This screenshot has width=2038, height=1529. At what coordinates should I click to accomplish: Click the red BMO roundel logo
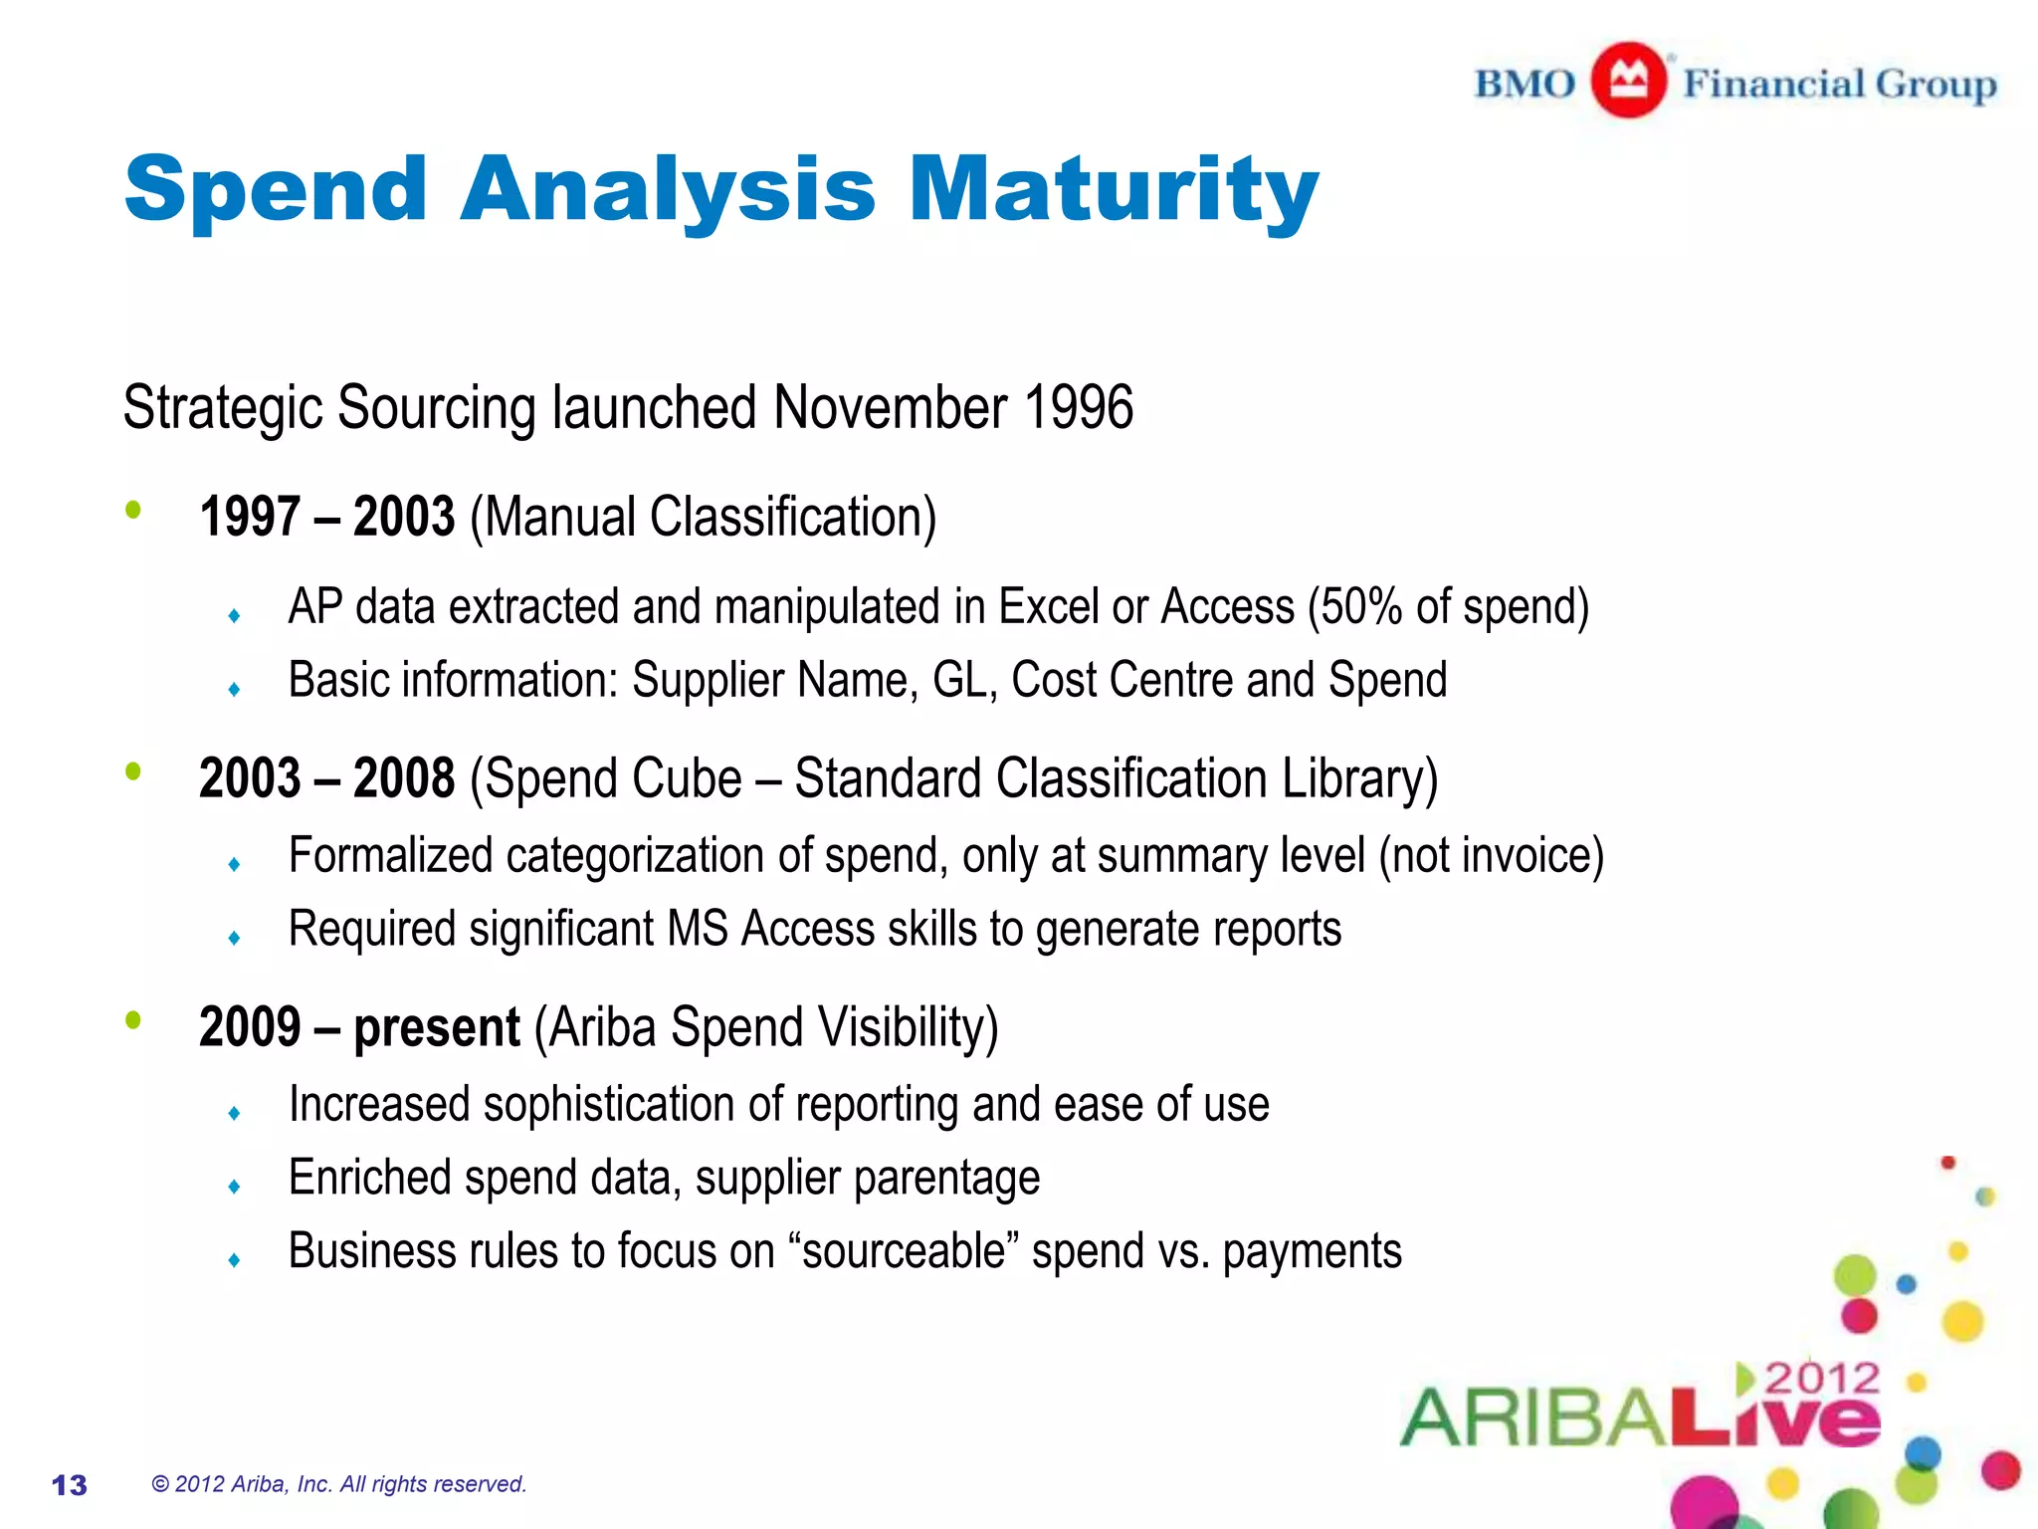click(1628, 81)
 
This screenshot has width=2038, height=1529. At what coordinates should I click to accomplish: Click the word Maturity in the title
click(1114, 189)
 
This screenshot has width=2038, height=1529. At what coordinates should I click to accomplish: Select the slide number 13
click(70, 1485)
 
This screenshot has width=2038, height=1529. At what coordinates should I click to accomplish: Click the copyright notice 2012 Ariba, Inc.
click(338, 1484)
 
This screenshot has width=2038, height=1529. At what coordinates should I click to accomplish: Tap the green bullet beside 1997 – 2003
click(133, 511)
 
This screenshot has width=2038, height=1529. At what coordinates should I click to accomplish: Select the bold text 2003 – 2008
click(326, 778)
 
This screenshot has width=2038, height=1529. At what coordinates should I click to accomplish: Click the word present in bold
click(437, 1027)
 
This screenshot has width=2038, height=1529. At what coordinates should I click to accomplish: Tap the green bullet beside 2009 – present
click(133, 1020)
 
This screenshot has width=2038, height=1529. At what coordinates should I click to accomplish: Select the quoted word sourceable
click(908, 1251)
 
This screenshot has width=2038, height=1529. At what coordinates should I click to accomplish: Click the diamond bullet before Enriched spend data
click(234, 1187)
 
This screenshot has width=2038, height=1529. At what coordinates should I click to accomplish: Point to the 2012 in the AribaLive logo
click(1822, 1380)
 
